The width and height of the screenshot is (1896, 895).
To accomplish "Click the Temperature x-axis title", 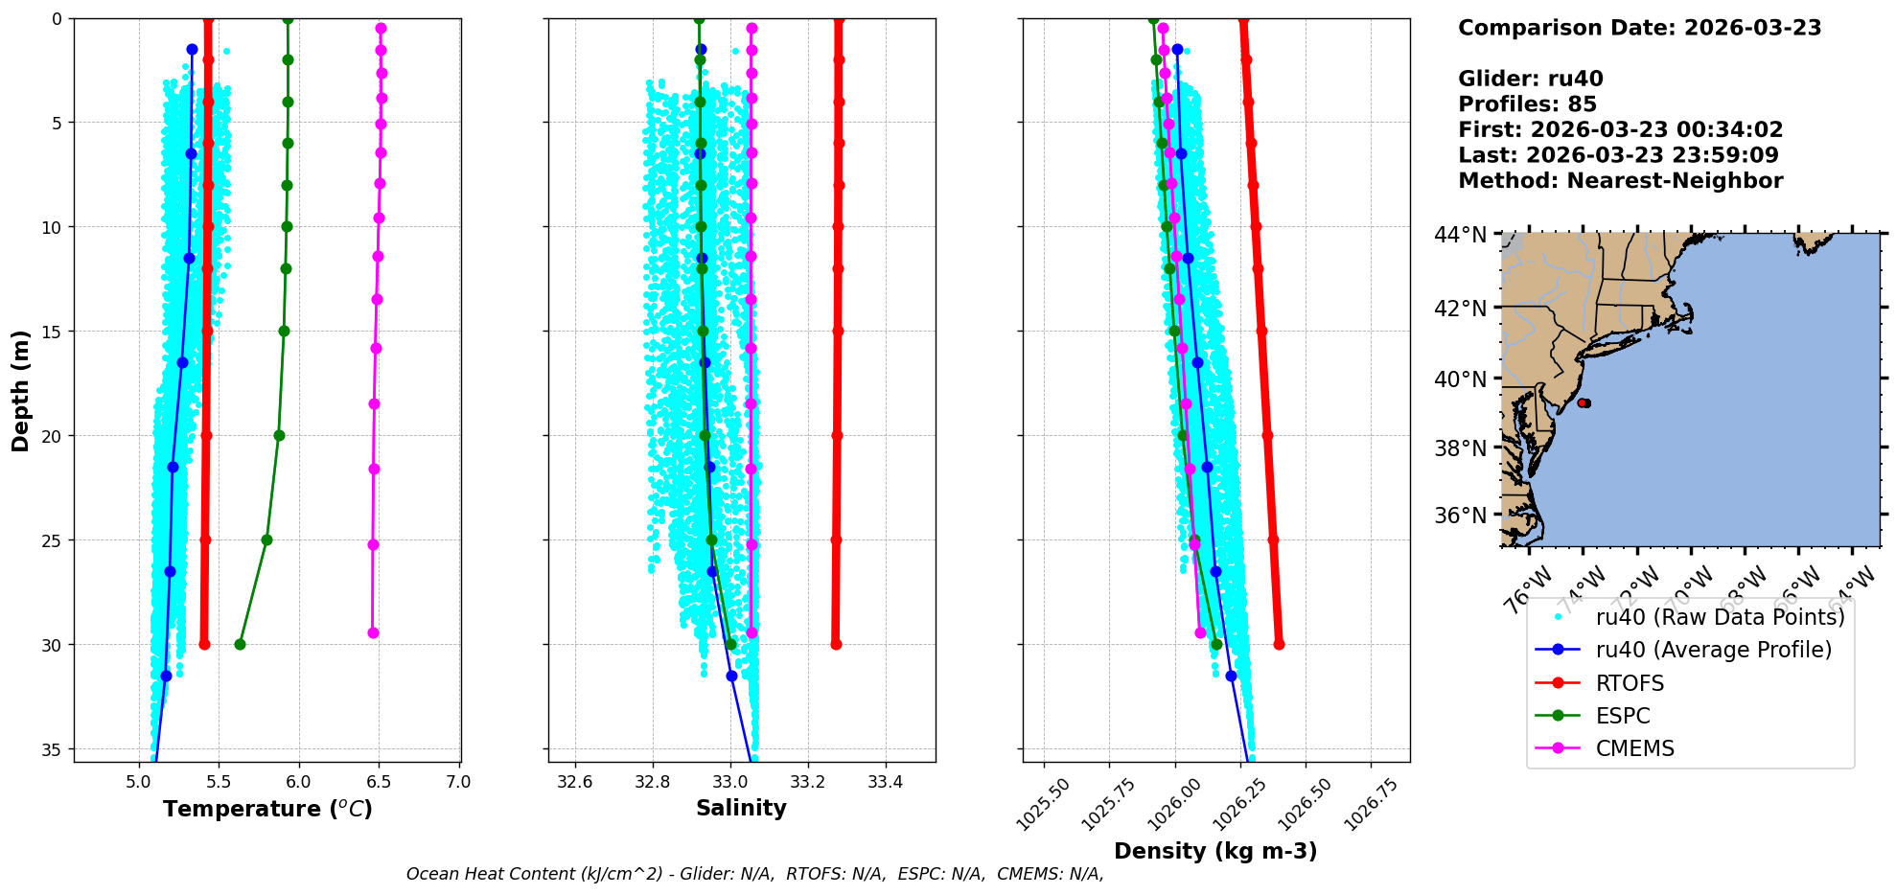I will (267, 809).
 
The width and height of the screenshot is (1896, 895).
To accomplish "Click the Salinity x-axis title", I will (741, 808).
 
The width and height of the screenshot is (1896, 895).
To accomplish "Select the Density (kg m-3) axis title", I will (1215, 851).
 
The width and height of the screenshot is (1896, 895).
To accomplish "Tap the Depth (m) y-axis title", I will (20, 390).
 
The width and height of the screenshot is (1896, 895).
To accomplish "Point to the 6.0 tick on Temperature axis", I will (299, 782).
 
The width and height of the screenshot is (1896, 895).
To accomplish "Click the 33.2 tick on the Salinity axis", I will (808, 782).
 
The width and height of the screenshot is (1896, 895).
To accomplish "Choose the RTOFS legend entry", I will (1630, 683).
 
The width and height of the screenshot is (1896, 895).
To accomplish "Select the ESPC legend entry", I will (1623, 716).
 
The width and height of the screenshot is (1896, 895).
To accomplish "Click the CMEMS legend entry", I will (1634, 748).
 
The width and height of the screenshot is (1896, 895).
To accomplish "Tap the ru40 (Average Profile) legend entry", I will (1713, 650).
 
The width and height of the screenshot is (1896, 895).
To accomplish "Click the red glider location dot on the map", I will (1583, 402).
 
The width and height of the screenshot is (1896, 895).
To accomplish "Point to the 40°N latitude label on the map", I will (1460, 379).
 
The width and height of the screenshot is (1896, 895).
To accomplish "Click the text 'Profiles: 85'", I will (1527, 104).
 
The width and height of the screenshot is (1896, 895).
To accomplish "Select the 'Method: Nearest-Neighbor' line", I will (1620, 181).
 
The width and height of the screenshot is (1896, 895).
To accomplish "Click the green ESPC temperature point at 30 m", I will (240, 644).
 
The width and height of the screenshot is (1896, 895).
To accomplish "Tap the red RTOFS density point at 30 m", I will (1279, 644).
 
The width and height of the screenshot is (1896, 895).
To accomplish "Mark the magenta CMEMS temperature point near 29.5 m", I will (373, 632).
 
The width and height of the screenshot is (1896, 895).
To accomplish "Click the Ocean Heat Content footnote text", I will (754, 874).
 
